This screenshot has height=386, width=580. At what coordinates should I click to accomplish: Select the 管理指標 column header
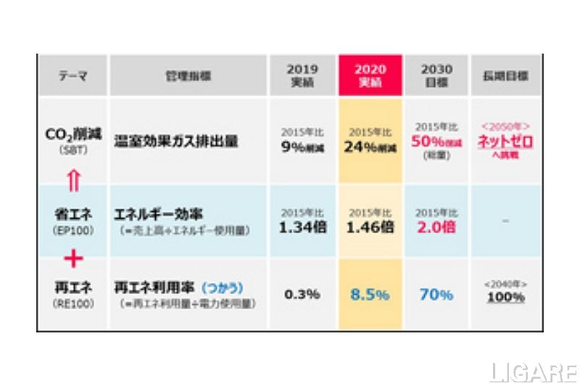(x=181, y=75)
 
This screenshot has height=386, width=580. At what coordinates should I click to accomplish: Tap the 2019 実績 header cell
(x=302, y=75)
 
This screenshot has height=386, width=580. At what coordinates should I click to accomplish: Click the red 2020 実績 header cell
(x=370, y=75)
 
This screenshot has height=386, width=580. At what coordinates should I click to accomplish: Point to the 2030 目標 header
(x=436, y=75)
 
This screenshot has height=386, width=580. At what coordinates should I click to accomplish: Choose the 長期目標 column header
(x=505, y=75)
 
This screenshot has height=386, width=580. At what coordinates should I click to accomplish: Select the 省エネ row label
(x=72, y=215)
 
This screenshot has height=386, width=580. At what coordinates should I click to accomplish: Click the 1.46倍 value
(x=370, y=227)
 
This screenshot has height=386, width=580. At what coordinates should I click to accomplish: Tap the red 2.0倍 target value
(x=436, y=227)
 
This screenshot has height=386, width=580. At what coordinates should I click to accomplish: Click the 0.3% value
(x=302, y=295)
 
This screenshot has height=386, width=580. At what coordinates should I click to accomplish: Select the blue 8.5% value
(x=370, y=295)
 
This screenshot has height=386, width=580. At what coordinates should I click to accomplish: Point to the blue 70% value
(x=436, y=295)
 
